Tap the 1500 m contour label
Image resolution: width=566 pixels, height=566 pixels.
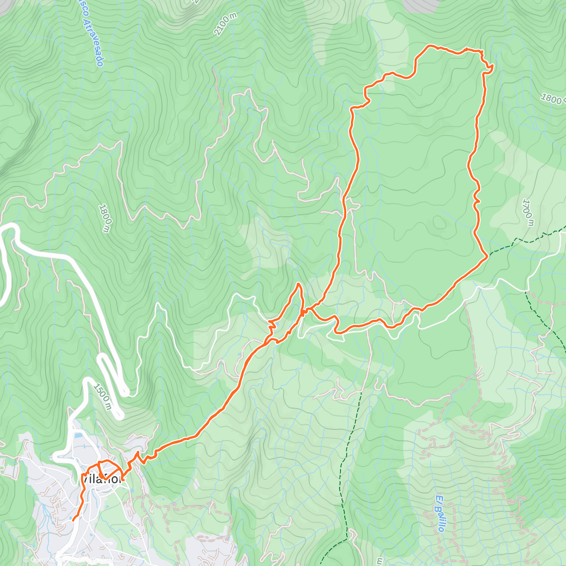[102, 397]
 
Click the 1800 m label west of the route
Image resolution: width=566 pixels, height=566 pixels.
[105, 218]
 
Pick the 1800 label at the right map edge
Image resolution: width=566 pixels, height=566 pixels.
[552, 99]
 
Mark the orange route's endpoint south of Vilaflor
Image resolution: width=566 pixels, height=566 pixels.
[73, 520]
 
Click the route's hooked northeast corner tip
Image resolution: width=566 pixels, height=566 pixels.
[492, 67]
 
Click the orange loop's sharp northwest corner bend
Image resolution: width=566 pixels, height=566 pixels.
[352, 109]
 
